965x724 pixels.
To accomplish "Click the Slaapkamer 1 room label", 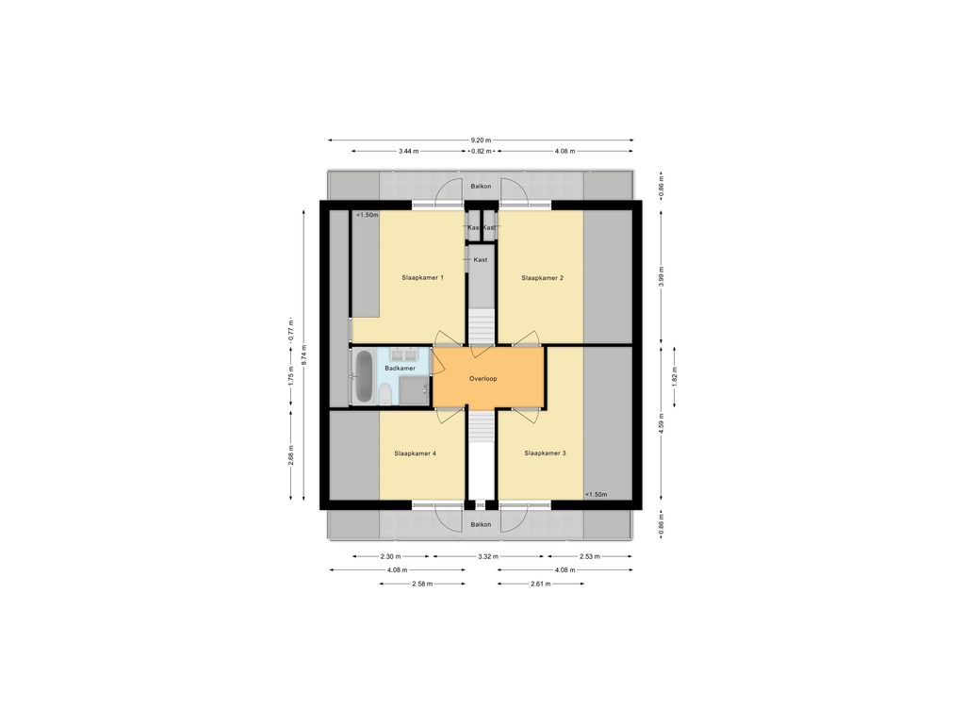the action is pos(423,278).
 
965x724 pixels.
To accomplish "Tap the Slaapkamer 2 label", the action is pos(542,278).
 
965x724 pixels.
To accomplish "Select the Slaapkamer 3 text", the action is pos(546,453).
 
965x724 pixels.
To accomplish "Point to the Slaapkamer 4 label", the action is pos(416,453).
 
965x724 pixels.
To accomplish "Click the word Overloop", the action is pos(483,379).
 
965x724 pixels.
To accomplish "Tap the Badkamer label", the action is pos(400,369).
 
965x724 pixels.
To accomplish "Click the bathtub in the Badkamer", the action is pos(365,377).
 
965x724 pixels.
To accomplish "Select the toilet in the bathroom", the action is pos(384,394).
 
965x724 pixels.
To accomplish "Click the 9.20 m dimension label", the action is pos(481,140).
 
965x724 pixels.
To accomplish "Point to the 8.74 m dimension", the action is pos(303,355).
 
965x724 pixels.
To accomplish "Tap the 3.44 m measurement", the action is pos(409,151).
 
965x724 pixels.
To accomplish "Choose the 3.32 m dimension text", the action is pos(488,556).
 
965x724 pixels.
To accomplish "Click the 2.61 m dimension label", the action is pos(540,584).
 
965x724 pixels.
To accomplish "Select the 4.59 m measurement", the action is pos(662,423).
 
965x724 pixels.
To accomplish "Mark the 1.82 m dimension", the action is pos(675,376).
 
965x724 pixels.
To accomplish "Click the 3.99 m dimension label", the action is pos(662,277).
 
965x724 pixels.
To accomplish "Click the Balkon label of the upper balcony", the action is pos(481,186).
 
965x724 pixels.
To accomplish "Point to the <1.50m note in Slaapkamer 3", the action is pos(596,494).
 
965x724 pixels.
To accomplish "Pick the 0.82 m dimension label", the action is pos(482,151).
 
